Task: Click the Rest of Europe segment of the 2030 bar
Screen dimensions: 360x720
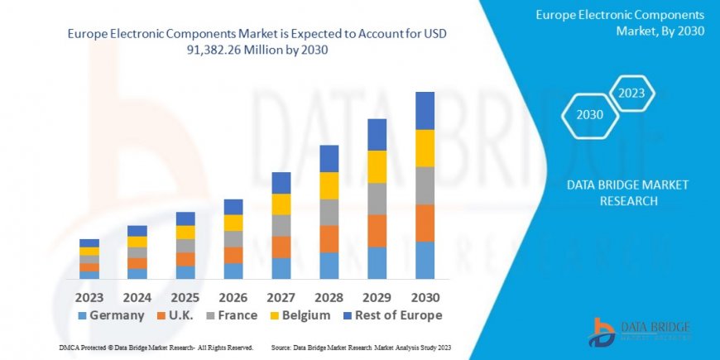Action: coord(425,110)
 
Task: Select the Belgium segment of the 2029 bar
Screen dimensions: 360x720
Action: coord(377,166)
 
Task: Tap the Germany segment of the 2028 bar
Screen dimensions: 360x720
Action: coord(329,265)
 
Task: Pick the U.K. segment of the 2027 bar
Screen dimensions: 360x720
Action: coord(281,247)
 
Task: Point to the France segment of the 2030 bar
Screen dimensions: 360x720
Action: coord(425,185)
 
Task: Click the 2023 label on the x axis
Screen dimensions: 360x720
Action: coord(89,296)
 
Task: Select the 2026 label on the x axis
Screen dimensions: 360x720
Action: coord(233,296)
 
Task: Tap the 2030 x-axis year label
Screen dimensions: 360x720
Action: coord(425,296)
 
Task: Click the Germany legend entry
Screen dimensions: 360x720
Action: coord(111,315)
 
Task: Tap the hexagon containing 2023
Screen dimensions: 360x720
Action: coord(631,93)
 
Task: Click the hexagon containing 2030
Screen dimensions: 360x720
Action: coord(589,115)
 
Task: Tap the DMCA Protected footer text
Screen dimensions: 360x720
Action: coord(156,347)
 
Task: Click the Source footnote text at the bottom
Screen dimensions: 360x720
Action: coord(362,347)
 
